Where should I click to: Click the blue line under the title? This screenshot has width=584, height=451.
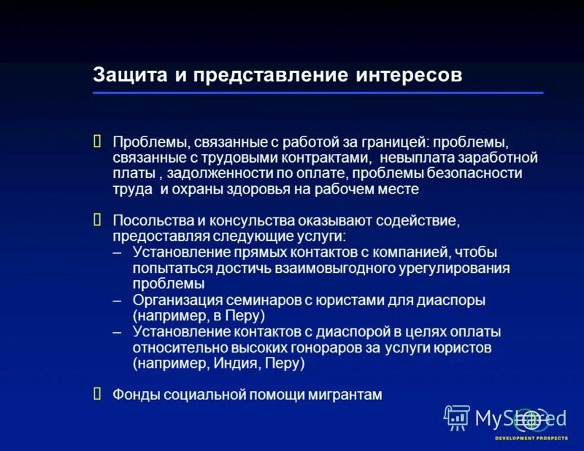tap(318, 93)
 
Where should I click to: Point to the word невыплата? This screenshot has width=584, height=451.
tap(415, 157)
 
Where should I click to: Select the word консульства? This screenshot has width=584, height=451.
tap(235, 220)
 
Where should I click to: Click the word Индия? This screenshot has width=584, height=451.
tap(246, 363)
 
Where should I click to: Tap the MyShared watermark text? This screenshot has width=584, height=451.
tap(520, 418)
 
